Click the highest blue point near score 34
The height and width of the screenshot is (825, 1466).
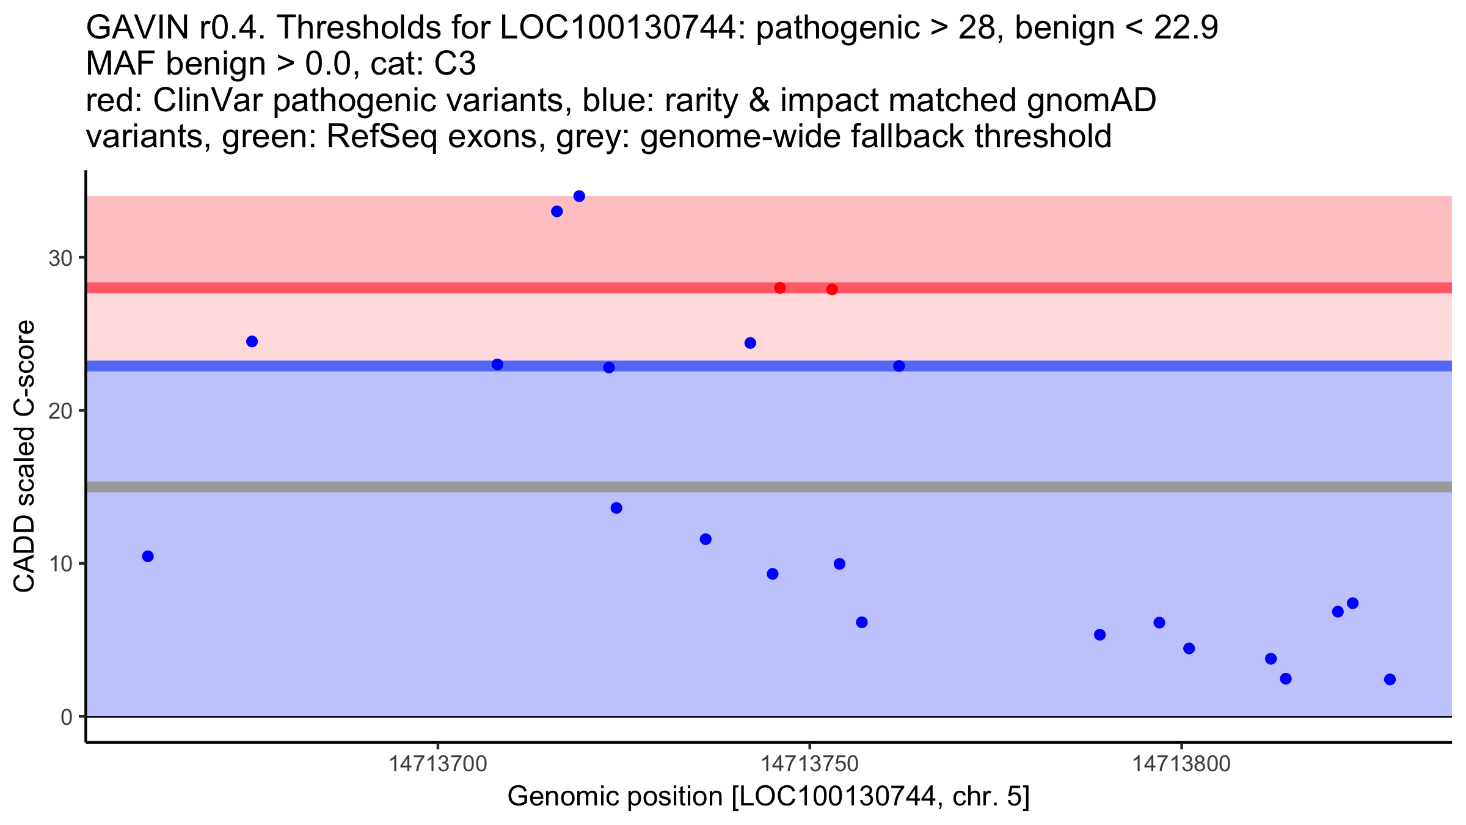pos(579,196)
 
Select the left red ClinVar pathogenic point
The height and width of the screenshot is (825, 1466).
pos(780,288)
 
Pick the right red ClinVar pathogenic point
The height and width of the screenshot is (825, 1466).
pos(832,289)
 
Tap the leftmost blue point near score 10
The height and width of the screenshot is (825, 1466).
pos(148,556)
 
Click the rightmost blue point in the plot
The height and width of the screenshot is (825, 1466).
pos(1390,680)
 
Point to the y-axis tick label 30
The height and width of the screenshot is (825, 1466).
pos(60,258)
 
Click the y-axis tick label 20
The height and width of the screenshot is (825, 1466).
pos(60,411)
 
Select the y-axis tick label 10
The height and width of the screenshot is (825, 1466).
pos(60,563)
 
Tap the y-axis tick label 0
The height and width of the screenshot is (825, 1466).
pos(67,717)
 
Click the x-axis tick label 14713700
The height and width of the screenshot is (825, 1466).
pos(438,764)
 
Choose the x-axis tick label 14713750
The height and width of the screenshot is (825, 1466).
pos(810,764)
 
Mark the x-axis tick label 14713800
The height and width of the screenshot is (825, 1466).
pos(1181,764)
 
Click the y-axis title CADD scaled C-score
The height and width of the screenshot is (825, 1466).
pos(24,457)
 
